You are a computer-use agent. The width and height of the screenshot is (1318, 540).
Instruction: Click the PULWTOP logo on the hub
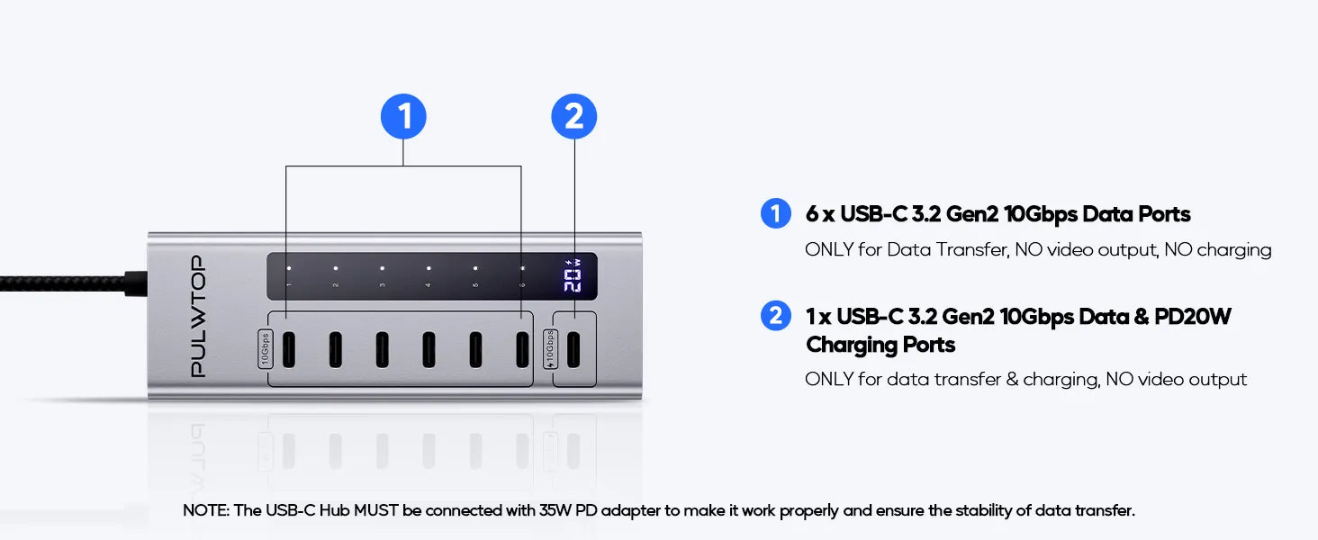click(x=199, y=316)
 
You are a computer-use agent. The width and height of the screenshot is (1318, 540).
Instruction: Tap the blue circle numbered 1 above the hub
click(x=403, y=117)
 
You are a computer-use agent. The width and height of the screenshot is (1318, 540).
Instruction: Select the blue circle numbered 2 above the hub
click(x=573, y=117)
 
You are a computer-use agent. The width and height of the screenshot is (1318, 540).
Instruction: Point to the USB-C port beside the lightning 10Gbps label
click(x=574, y=349)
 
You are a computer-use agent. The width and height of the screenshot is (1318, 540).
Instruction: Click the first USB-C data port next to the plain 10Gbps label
click(x=287, y=349)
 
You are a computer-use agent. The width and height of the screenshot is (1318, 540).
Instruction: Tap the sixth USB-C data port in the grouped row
click(x=522, y=349)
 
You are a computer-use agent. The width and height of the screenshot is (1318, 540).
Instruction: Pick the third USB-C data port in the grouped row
click(x=382, y=349)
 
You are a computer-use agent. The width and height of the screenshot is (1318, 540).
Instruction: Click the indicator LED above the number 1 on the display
click(x=288, y=267)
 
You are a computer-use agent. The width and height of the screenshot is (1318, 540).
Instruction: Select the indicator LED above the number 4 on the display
click(x=429, y=267)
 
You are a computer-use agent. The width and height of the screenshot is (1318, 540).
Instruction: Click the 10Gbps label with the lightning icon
click(x=550, y=349)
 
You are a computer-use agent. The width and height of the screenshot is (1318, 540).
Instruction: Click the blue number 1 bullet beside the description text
click(x=775, y=213)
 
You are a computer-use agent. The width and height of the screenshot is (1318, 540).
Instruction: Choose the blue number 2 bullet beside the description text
click(x=775, y=316)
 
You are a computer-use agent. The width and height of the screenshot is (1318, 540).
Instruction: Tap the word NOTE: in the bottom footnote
click(x=206, y=510)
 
